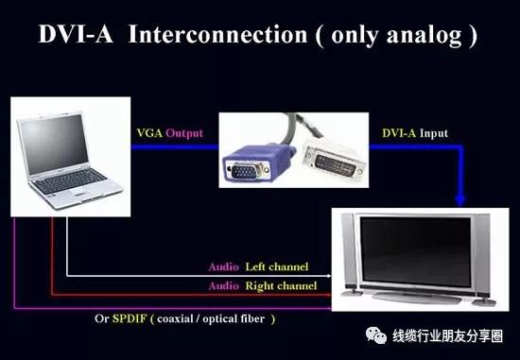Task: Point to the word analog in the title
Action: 418,37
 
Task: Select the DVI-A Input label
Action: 414,134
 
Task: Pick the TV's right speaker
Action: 483,251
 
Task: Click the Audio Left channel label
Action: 257,267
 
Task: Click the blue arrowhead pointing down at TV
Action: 460,200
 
